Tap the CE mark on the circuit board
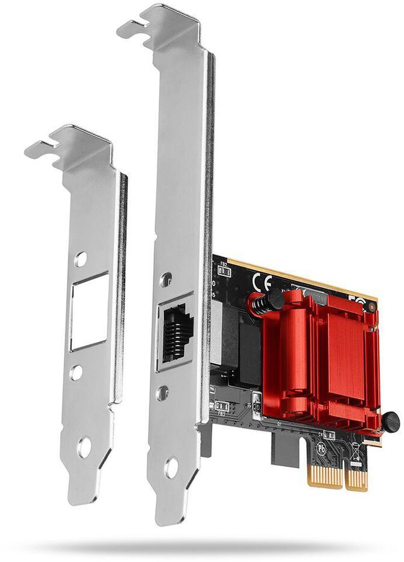263,282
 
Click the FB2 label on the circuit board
223,264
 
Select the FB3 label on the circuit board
221,413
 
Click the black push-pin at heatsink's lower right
390,421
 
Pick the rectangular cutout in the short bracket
89,311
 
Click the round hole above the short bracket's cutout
81,259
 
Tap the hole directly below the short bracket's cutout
76,372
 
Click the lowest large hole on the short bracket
84,447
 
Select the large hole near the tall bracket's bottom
172,468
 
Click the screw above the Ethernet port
166,279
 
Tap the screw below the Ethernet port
162,393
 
